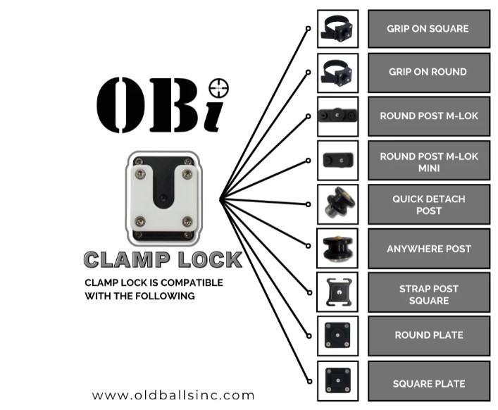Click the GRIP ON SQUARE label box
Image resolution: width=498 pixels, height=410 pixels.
click(x=428, y=29)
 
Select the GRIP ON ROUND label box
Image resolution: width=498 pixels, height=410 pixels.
click(x=428, y=72)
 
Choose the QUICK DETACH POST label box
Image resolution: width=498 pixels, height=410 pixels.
click(x=428, y=205)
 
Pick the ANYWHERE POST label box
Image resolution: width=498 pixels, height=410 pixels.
click(x=428, y=249)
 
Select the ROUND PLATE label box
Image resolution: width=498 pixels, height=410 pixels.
click(x=428, y=335)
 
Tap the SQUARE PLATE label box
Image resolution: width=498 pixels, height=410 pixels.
click(x=428, y=384)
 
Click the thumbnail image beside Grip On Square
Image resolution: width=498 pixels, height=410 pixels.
click(x=338, y=29)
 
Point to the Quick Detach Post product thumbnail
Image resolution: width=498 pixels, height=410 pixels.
click(x=338, y=204)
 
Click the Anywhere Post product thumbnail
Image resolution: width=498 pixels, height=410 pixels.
click(x=338, y=248)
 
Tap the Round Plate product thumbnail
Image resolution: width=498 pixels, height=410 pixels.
click(x=338, y=335)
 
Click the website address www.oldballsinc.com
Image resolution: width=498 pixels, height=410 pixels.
click(x=173, y=395)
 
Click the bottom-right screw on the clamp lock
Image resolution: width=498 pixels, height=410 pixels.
click(x=187, y=222)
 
